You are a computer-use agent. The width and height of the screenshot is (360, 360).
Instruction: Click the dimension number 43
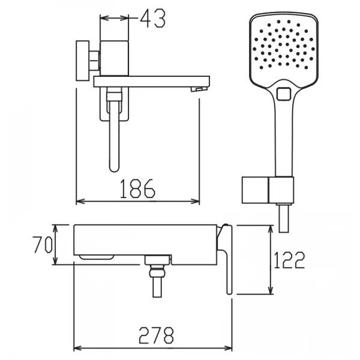pos(152,18)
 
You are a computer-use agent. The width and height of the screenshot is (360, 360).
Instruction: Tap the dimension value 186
pos(137,189)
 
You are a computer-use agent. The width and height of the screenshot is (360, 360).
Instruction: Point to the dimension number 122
pos(289,260)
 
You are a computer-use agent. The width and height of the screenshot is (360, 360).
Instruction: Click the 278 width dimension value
pos(156,335)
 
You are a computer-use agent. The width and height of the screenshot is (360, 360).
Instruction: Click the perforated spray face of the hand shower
pos(284,45)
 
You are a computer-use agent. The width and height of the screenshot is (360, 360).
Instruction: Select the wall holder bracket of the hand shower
pos(268,190)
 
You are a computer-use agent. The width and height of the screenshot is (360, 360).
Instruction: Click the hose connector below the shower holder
pos(284,218)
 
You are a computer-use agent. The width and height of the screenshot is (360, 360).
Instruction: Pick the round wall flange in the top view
pos(83,61)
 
